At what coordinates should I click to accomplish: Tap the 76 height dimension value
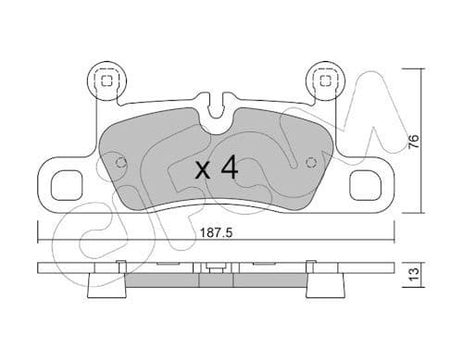coord(416,142)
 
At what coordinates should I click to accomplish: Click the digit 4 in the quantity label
coord(230,168)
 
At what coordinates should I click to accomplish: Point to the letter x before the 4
coord(203,170)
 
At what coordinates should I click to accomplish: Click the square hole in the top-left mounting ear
coord(106,81)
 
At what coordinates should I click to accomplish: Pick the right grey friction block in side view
coord(269,279)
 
